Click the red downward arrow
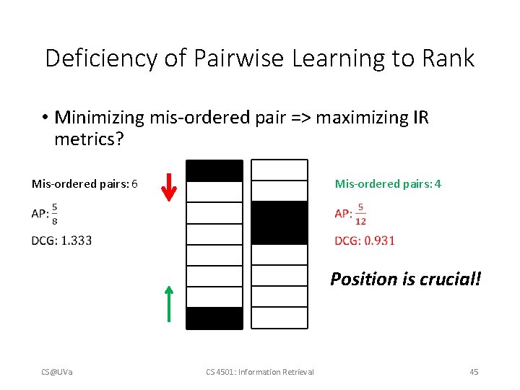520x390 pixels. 168,186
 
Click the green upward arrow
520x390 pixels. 168,303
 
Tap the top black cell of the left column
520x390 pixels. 214,170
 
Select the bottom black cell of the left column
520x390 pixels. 214,318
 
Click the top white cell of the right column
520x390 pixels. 279,170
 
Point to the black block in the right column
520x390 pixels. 279,222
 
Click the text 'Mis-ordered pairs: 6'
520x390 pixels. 84,184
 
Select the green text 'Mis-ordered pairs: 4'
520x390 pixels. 388,184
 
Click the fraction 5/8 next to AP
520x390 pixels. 55,213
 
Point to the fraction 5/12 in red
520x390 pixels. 360,214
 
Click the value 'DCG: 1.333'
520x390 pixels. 62,240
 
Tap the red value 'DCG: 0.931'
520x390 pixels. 365,240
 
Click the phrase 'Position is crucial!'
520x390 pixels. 405,279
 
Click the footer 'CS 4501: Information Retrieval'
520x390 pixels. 260,372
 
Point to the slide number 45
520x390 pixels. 474,372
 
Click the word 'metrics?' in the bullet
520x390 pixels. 89,138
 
